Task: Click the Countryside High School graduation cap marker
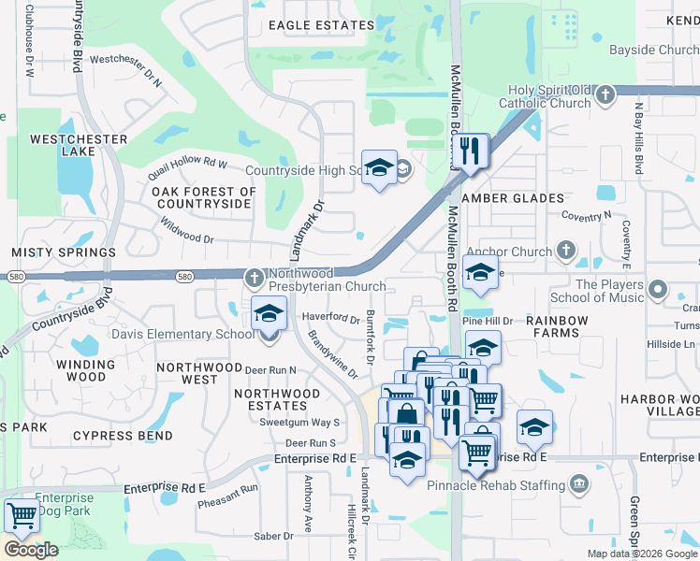(x=379, y=167)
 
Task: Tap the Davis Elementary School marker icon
(x=269, y=314)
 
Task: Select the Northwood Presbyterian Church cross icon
(x=254, y=278)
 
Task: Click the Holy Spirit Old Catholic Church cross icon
(x=605, y=94)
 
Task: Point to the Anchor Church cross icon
(x=565, y=251)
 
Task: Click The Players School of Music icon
(x=657, y=291)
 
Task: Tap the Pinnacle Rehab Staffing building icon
(x=579, y=484)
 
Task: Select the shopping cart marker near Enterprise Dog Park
(x=21, y=515)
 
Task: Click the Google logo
(x=31, y=549)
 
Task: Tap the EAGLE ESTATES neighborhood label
(x=308, y=26)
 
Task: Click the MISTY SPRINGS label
(x=64, y=252)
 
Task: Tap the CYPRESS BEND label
(x=123, y=436)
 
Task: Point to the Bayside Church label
(x=652, y=50)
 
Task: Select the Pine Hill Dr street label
(x=494, y=321)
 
